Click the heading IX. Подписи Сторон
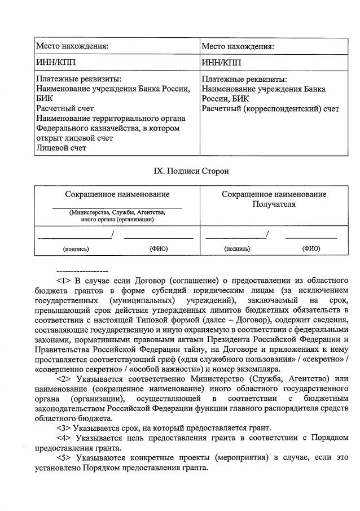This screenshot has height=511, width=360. coord(180,170)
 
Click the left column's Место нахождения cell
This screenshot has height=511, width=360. coord(72,46)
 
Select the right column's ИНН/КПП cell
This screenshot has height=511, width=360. coord(221,62)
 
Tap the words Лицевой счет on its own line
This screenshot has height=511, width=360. coord(62,149)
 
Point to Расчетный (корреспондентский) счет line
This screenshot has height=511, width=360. coord(270,109)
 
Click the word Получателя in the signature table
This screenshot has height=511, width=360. coord(274,204)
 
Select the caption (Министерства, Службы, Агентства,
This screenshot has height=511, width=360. coord(117,212)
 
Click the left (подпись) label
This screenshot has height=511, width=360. coord(76,248)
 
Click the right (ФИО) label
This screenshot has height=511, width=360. coord(311,248)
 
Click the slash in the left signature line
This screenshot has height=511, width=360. coord(113,234)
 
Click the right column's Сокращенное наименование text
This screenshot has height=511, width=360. coord(274,194)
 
